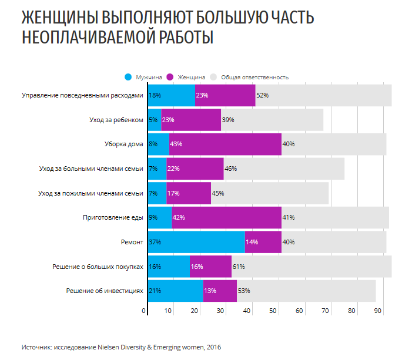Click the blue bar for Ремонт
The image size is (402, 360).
pyautogui.click(x=196, y=241)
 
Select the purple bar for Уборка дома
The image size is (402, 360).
pyautogui.click(x=225, y=144)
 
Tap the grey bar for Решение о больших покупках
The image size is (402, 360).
pyautogui.click(x=311, y=266)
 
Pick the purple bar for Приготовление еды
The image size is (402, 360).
pyautogui.click(x=227, y=217)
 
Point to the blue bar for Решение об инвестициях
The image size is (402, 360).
pyautogui.click(x=175, y=290)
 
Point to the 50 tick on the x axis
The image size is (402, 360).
pyautogui.click(x=274, y=310)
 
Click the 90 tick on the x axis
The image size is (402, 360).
pyautogui.click(x=377, y=310)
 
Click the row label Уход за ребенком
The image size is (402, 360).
pyautogui.click(x=116, y=120)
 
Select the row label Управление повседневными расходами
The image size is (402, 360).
pyautogui.click(x=82, y=95)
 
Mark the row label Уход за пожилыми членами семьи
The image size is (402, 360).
pyautogui.click(x=91, y=193)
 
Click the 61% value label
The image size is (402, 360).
pyautogui.click(x=239, y=266)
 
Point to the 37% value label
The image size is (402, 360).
pyautogui.click(x=155, y=241)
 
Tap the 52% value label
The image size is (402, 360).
pyautogui.click(x=262, y=95)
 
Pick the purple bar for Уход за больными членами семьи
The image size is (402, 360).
pyautogui.click(x=195, y=169)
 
